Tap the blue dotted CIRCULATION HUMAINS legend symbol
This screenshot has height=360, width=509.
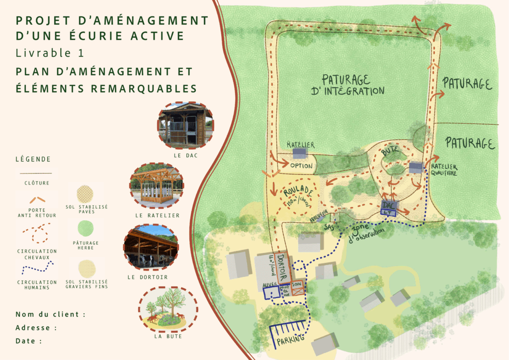click(36, 269)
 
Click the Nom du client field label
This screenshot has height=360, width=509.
click(50, 314)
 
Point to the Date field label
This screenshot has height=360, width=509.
click(28, 341)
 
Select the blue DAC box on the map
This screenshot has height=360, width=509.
click(388, 207)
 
